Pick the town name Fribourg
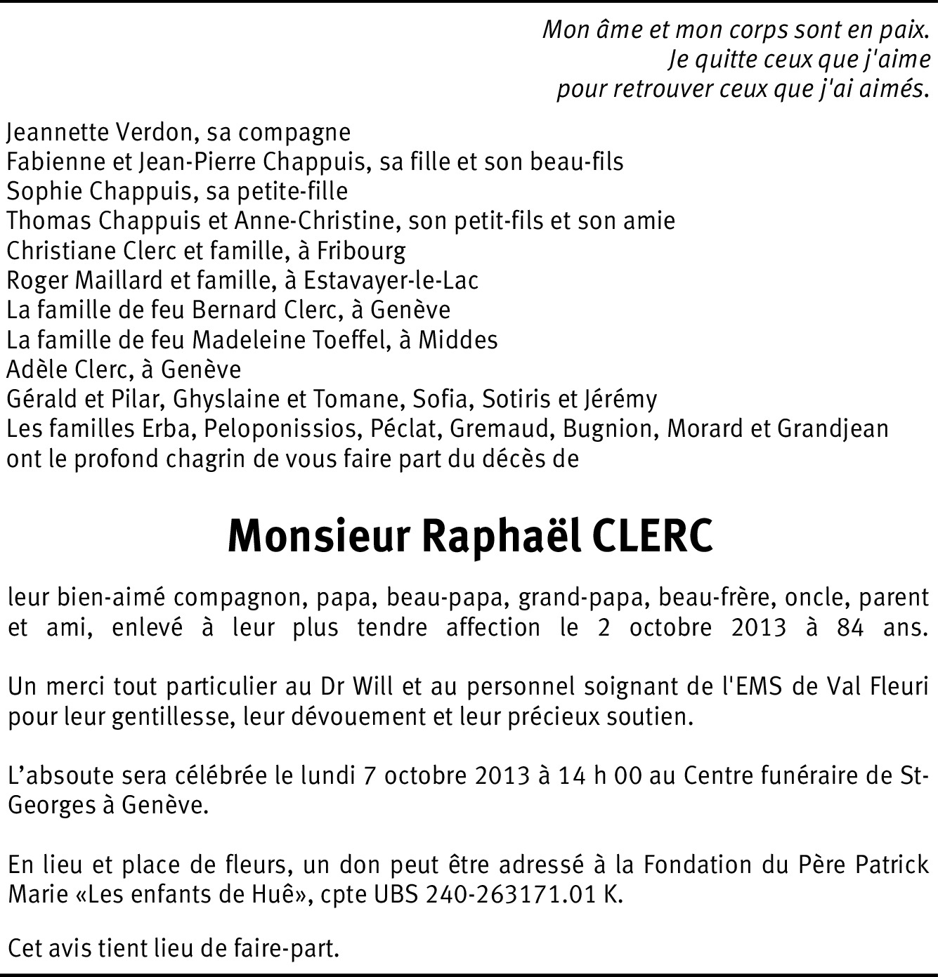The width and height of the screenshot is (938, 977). point(361,251)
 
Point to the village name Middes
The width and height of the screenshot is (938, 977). point(458,340)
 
